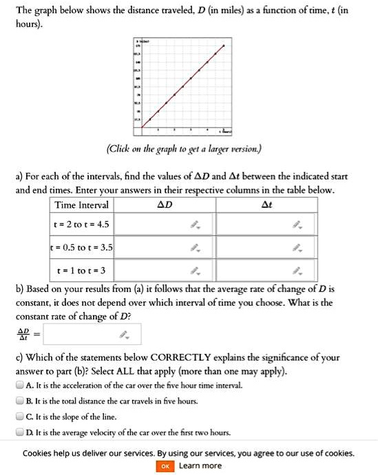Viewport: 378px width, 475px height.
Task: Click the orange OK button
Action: point(165,466)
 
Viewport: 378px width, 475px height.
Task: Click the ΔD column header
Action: point(165,205)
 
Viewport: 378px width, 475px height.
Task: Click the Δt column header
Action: point(266,205)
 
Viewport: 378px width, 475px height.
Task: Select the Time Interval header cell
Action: point(81,205)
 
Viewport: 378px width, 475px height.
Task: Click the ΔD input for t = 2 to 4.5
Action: point(165,224)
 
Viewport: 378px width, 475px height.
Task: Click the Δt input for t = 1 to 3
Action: point(266,268)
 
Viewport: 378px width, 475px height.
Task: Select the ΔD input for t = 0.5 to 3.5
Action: point(165,246)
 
